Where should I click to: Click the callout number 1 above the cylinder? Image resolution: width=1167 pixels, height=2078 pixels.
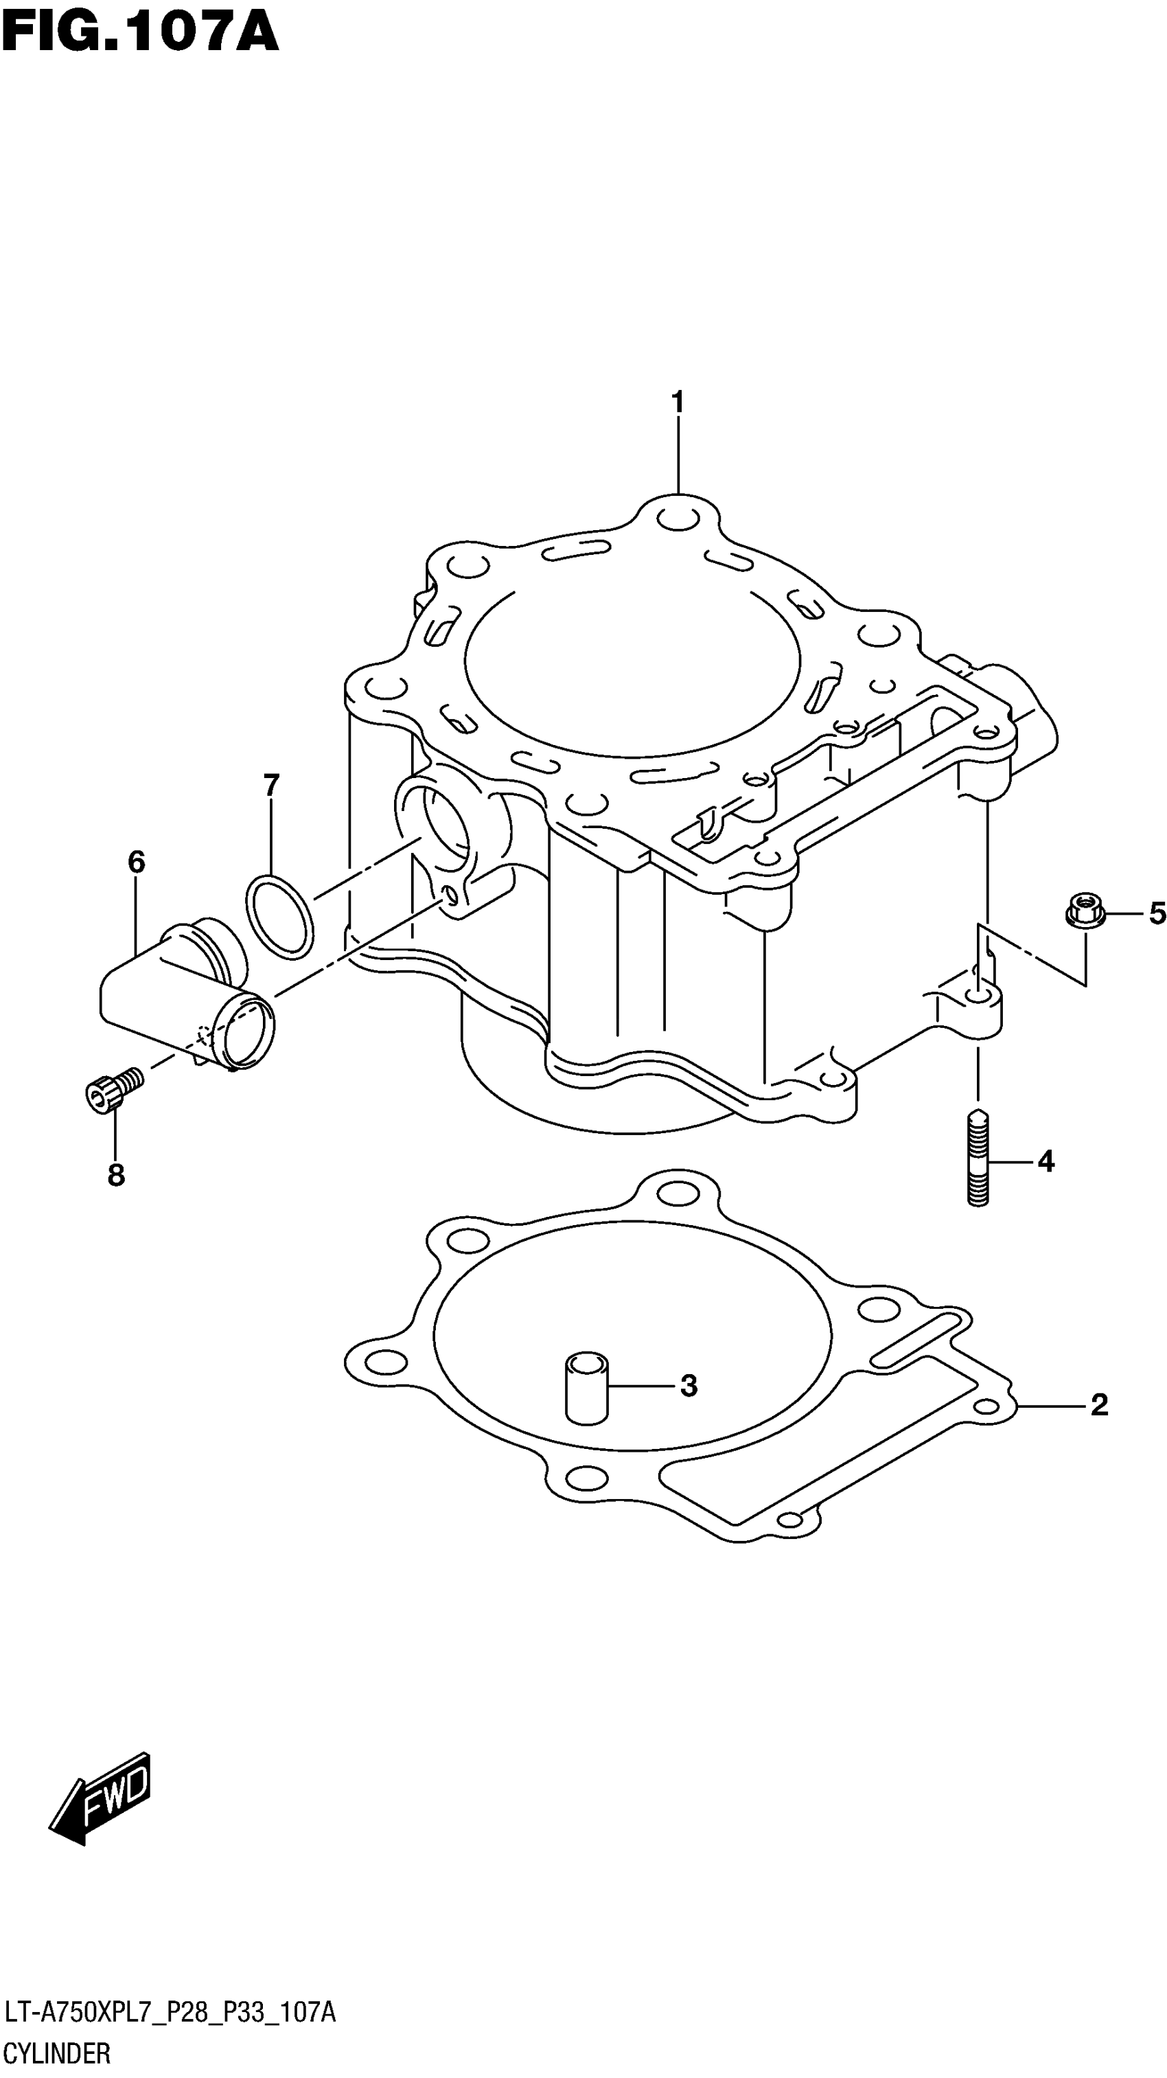click(678, 402)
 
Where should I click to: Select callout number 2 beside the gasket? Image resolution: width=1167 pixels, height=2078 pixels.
click(1098, 1405)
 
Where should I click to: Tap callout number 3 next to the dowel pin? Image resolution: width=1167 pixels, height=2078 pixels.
click(688, 1386)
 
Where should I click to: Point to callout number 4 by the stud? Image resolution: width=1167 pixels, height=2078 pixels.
click(1045, 1162)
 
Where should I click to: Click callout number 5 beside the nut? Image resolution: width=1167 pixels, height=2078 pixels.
click(1157, 914)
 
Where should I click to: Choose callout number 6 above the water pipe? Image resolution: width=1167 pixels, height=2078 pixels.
click(137, 863)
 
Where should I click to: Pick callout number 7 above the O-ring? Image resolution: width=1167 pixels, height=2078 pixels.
click(271, 784)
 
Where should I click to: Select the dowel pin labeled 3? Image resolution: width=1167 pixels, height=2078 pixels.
click(586, 1386)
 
